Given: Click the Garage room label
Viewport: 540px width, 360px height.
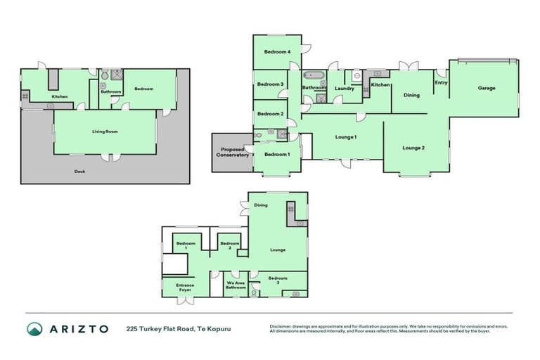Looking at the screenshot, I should coord(487,88).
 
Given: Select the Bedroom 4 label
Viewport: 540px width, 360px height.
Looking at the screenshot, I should coord(278,52).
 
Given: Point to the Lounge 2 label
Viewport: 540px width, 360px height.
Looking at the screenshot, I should coord(413,148).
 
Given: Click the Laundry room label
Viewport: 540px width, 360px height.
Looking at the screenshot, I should coord(345,88).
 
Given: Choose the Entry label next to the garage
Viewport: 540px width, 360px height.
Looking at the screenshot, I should coord(441,82).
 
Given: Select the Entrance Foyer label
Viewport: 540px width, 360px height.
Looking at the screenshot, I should coord(185,287).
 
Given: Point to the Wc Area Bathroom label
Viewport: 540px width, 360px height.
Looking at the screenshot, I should coord(236,285).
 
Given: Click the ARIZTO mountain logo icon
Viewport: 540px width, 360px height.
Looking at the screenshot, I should coord(35,329).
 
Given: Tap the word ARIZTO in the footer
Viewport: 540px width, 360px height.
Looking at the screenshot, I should coord(79,329).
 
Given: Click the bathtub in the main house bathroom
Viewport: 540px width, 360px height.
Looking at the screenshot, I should coord(313,75).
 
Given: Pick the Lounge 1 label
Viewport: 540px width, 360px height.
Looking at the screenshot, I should coord(345,136).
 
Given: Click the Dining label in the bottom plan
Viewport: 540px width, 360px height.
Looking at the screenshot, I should coord(261,205).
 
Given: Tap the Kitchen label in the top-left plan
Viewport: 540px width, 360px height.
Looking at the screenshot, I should coord(59,96).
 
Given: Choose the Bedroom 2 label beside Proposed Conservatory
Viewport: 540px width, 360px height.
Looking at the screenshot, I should coord(271,114).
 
